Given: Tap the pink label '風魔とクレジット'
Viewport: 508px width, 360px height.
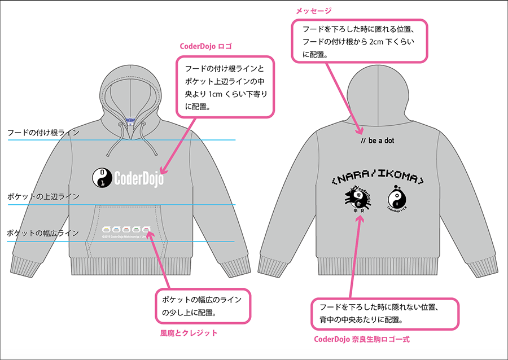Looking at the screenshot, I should (189, 333).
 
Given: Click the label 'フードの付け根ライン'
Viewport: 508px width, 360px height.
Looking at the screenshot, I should (43, 133).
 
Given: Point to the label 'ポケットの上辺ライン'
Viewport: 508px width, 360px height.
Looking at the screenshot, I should (43, 197).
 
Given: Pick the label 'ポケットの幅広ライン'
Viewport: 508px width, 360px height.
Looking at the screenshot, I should (43, 232).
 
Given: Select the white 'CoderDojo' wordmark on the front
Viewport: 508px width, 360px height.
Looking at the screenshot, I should (139, 178).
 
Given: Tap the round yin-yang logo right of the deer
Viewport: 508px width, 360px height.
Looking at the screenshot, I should (398, 199).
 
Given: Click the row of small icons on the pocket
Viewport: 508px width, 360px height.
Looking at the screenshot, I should (127, 230).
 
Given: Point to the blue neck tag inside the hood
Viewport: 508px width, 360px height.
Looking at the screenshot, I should (130, 120).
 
